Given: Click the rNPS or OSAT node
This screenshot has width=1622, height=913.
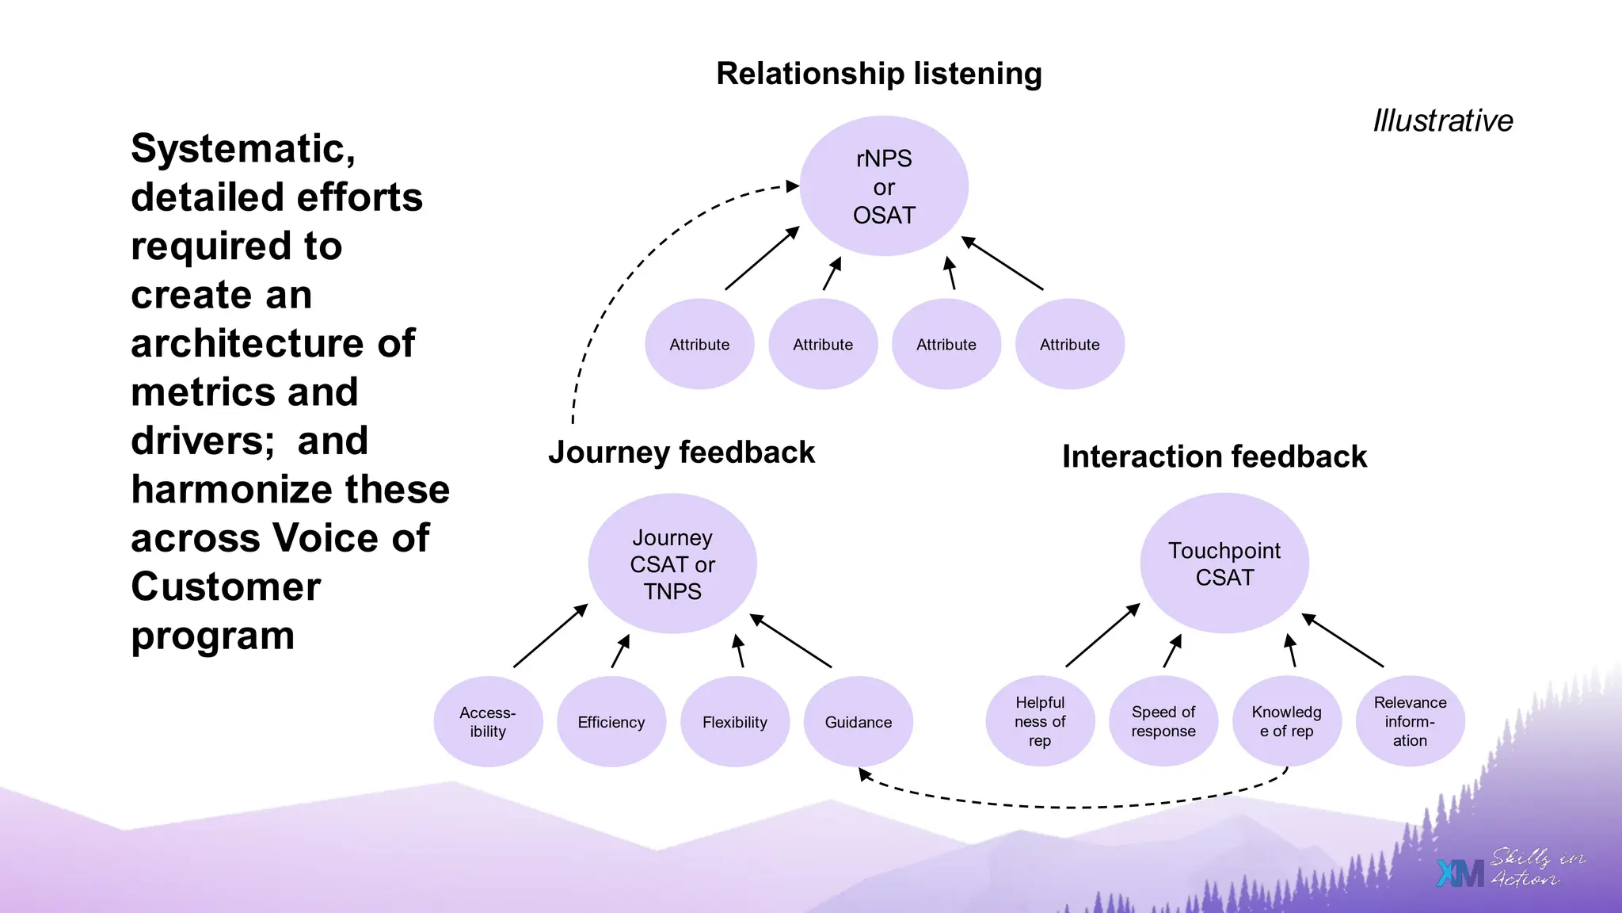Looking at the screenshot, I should pos(884,186).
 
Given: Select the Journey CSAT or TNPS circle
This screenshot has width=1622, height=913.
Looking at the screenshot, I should pos(672,563).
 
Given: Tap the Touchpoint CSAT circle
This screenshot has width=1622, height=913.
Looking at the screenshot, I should pos(1224,563).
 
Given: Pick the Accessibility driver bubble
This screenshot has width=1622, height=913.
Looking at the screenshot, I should pos(488,721).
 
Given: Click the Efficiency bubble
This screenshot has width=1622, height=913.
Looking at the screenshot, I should pos(611,721).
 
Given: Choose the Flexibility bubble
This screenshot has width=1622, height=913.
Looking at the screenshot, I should pos(735,721).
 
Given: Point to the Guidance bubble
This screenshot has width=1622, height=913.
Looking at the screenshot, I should pos(859,721).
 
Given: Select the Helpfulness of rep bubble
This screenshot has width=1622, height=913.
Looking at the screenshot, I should pos(1040,721).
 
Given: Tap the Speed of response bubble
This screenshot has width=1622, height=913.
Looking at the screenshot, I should pos(1163,721).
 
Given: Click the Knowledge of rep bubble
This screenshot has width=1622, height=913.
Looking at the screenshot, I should pos(1287,721).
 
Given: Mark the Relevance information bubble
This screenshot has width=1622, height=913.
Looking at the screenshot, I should pos(1410,721).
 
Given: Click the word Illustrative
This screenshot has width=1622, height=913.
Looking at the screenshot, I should pos(1443,120).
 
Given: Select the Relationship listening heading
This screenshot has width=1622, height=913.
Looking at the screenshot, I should pos(879,74).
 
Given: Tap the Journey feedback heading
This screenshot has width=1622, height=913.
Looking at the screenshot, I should pos(681,453).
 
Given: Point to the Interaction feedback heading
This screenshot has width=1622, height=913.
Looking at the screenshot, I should pos(1214,457).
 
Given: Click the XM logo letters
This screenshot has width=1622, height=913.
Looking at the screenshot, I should pos(1460,873).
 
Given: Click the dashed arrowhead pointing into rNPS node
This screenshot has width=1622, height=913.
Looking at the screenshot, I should pos(793,186).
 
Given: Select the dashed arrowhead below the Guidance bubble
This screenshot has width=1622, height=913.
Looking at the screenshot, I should pos(866,775).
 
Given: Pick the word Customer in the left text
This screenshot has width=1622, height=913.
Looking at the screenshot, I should pos(226,587).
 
